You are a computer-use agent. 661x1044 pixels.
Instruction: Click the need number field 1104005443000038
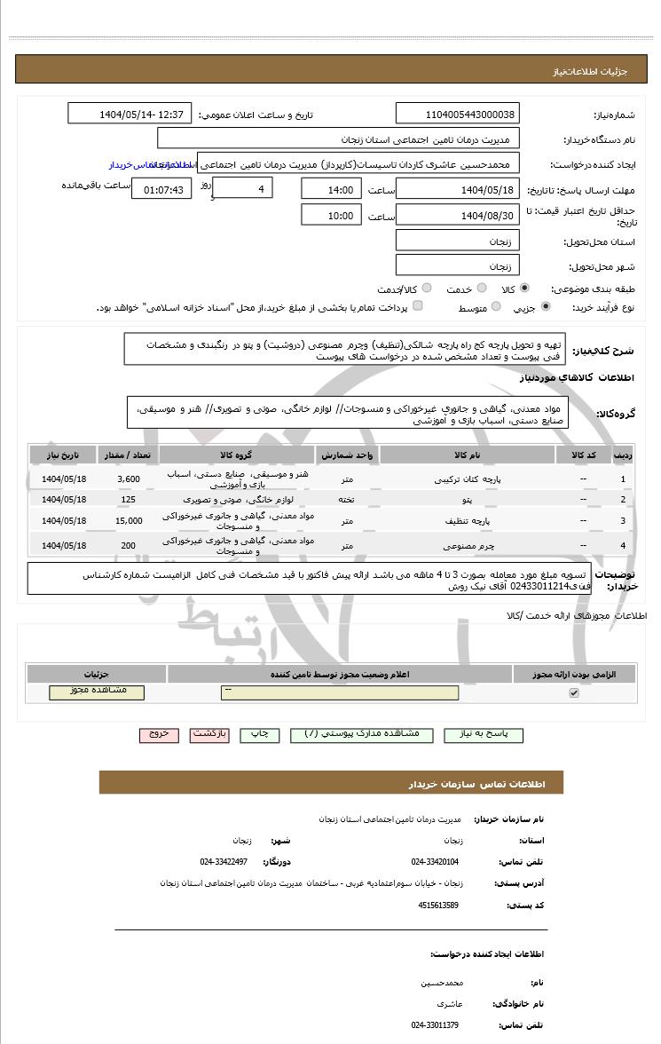click(x=457, y=115)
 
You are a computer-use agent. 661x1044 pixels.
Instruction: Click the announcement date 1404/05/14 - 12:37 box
click(x=130, y=115)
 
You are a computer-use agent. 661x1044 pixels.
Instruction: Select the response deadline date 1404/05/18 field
click(x=457, y=189)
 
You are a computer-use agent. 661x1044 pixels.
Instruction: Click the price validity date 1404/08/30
click(x=457, y=215)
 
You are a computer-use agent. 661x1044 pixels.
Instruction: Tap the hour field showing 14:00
click(x=331, y=189)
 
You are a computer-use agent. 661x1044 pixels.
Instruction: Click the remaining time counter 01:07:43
click(x=159, y=189)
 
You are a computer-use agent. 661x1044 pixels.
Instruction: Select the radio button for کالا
click(x=524, y=289)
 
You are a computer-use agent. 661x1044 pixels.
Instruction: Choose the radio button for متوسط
click(x=496, y=307)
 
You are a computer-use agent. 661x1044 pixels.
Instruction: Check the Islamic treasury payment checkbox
click(x=418, y=306)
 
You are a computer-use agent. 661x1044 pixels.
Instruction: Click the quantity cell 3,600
click(x=129, y=479)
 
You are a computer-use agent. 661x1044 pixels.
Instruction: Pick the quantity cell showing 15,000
click(x=129, y=521)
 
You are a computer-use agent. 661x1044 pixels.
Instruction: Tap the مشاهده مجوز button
click(x=97, y=692)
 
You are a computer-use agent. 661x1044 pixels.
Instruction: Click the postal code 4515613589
click(x=437, y=905)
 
